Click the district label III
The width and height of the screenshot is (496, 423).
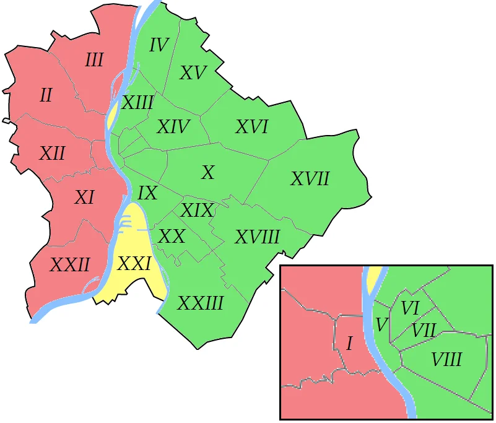click(94, 61)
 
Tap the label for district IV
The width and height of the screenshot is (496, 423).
click(159, 45)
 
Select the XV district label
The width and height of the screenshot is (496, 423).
click(193, 73)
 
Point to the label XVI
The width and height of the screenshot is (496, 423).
click(251, 127)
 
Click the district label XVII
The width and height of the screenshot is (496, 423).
click(310, 180)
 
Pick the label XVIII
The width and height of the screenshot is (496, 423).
click(258, 237)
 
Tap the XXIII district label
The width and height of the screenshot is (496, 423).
click(201, 303)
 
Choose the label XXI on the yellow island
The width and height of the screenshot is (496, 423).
click(134, 264)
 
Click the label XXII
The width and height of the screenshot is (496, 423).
click(70, 266)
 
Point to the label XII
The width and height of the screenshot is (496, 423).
click(52, 154)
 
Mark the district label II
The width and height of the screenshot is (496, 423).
click(46, 96)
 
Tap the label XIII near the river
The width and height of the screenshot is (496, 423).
click(137, 103)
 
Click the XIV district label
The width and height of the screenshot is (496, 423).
click(173, 127)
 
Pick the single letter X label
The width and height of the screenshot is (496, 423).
click(208, 173)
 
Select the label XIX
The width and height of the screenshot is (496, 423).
click(196, 211)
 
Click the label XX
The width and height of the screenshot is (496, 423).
click(172, 236)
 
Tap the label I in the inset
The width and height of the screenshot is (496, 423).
click(349, 344)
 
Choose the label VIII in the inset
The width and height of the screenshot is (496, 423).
click(446, 359)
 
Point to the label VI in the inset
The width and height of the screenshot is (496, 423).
click(411, 308)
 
